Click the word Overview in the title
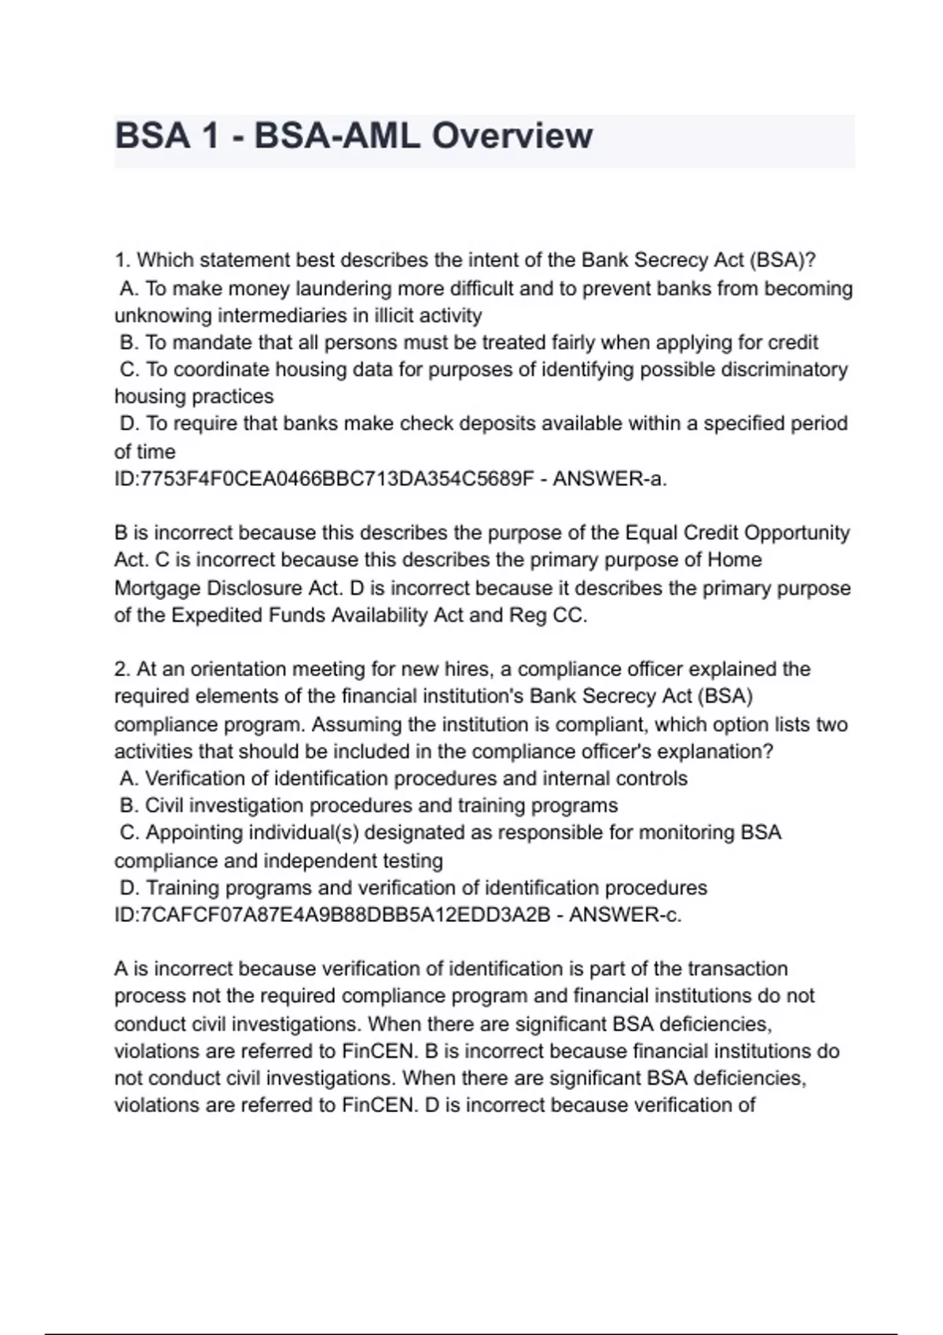(512, 135)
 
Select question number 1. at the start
(123, 260)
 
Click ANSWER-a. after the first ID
(610, 479)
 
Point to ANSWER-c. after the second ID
(625, 915)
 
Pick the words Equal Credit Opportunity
(737, 533)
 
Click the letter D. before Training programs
(130, 888)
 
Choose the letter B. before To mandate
(130, 342)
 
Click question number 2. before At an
(123, 669)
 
